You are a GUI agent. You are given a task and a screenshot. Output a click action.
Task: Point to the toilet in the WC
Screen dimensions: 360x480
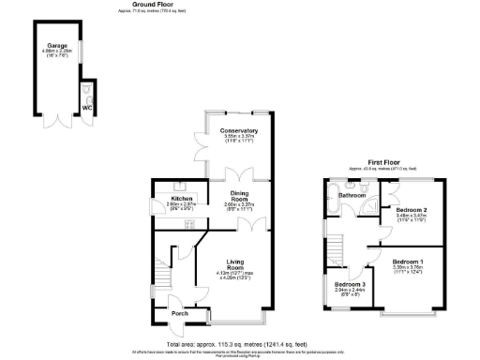pyautogui.click(x=87, y=96)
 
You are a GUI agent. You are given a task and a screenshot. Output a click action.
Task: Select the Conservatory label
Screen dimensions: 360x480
pyautogui.click(x=238, y=130)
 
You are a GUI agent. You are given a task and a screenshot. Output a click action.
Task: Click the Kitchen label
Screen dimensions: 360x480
pyautogui.click(x=181, y=199)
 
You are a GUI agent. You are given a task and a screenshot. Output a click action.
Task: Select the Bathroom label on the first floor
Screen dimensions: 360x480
pyautogui.click(x=352, y=195)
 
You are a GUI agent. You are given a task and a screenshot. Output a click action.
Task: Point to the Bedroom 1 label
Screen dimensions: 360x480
pyautogui.click(x=407, y=261)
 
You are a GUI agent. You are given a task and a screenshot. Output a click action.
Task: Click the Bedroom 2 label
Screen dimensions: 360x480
pyautogui.click(x=412, y=210)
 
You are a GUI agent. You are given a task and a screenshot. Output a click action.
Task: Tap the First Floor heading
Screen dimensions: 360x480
pyautogui.click(x=384, y=161)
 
